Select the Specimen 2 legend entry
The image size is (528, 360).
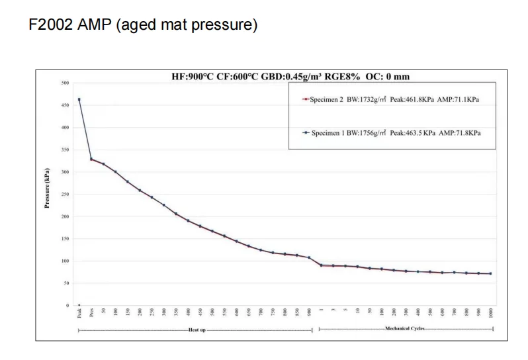coord(390,99)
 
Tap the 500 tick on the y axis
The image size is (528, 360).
coord(65,83)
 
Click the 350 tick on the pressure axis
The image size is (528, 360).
coord(65,150)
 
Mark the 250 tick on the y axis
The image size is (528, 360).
coord(65,195)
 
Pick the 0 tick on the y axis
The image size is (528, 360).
coord(67,306)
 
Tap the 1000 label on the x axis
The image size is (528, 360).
coord(490,314)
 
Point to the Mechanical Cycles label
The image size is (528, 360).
coord(406,328)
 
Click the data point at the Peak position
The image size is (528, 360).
coord(79,99)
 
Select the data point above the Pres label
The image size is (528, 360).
coord(91,159)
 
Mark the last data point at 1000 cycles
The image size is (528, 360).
coord(490,273)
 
